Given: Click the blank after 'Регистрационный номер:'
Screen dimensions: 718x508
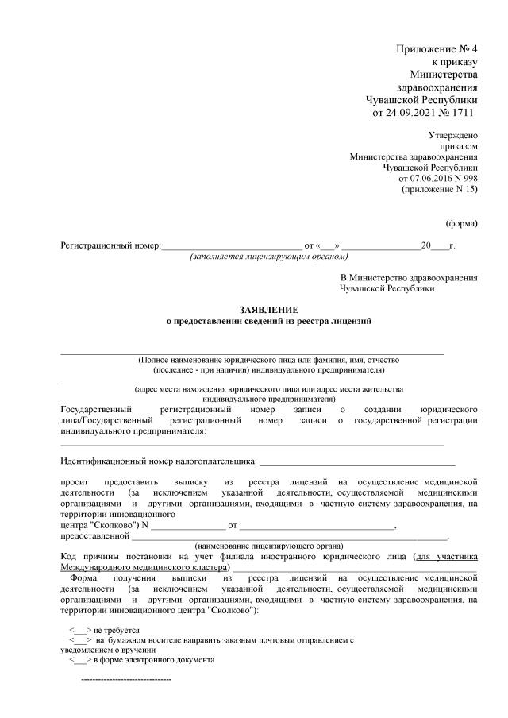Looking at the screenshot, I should click(231, 246).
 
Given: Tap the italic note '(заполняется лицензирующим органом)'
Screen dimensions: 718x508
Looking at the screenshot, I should click(269, 257).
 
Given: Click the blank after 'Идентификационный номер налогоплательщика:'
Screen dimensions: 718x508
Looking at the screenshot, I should click(356, 461).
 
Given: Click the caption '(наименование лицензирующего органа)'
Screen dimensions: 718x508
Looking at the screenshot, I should click(269, 547).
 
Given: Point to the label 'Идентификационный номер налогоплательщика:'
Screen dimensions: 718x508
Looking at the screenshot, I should click(158, 461).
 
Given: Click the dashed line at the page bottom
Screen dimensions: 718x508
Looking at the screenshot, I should click(126, 680).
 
